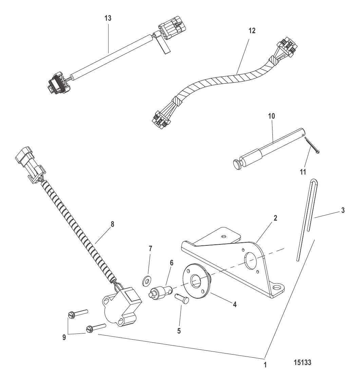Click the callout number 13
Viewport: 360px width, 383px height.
108,18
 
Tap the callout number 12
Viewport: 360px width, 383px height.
252,31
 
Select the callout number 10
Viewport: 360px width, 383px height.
271,116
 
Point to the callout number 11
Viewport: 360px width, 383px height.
303,172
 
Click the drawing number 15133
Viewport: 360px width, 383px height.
303,362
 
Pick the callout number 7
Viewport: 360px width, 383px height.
150,249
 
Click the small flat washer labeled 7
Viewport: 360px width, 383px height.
146,281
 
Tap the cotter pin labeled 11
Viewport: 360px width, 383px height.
312,146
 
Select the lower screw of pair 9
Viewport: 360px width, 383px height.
96,328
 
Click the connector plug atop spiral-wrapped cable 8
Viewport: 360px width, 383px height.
30,164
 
